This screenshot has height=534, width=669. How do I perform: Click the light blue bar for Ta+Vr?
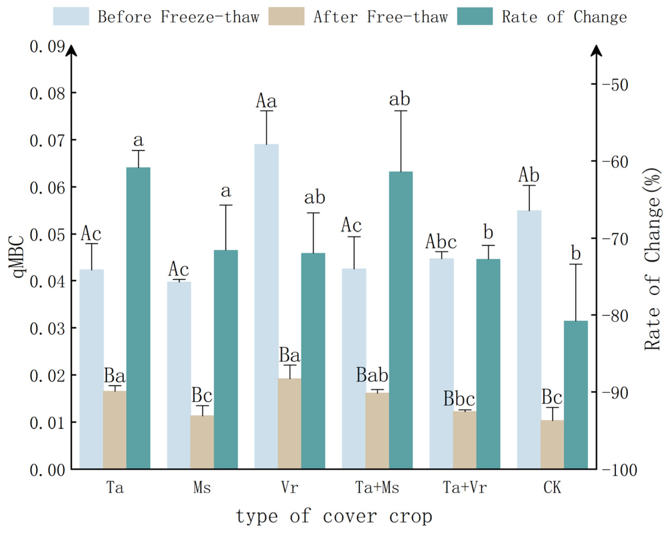click(441, 363)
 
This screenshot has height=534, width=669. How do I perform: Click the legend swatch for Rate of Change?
click(475, 16)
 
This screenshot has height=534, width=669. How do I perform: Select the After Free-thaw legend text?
click(380, 17)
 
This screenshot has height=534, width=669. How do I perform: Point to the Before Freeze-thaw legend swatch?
click(71, 16)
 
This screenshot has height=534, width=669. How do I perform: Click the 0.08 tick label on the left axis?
click(47, 93)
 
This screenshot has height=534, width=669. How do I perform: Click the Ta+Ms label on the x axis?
click(377, 487)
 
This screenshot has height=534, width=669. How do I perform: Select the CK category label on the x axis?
click(552, 487)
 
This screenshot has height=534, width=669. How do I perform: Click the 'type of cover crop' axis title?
click(334, 516)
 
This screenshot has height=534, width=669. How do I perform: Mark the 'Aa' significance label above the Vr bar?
click(266, 101)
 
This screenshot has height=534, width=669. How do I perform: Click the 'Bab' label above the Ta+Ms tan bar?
click(372, 375)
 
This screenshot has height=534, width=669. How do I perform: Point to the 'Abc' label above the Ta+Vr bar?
click(441, 242)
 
